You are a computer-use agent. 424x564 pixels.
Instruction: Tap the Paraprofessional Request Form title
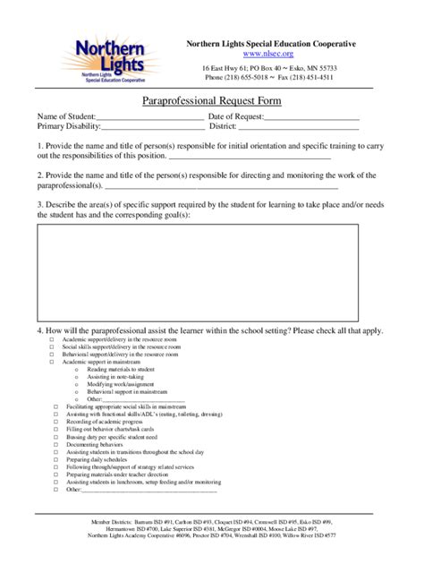[x=212, y=102]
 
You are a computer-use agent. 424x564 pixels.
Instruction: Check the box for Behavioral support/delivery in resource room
[x=51, y=355]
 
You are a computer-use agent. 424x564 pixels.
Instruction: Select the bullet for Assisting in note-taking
[x=77, y=377]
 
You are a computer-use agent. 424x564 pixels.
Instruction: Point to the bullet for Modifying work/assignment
[x=77, y=384]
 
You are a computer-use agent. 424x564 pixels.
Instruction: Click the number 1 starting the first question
[x=39, y=145]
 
